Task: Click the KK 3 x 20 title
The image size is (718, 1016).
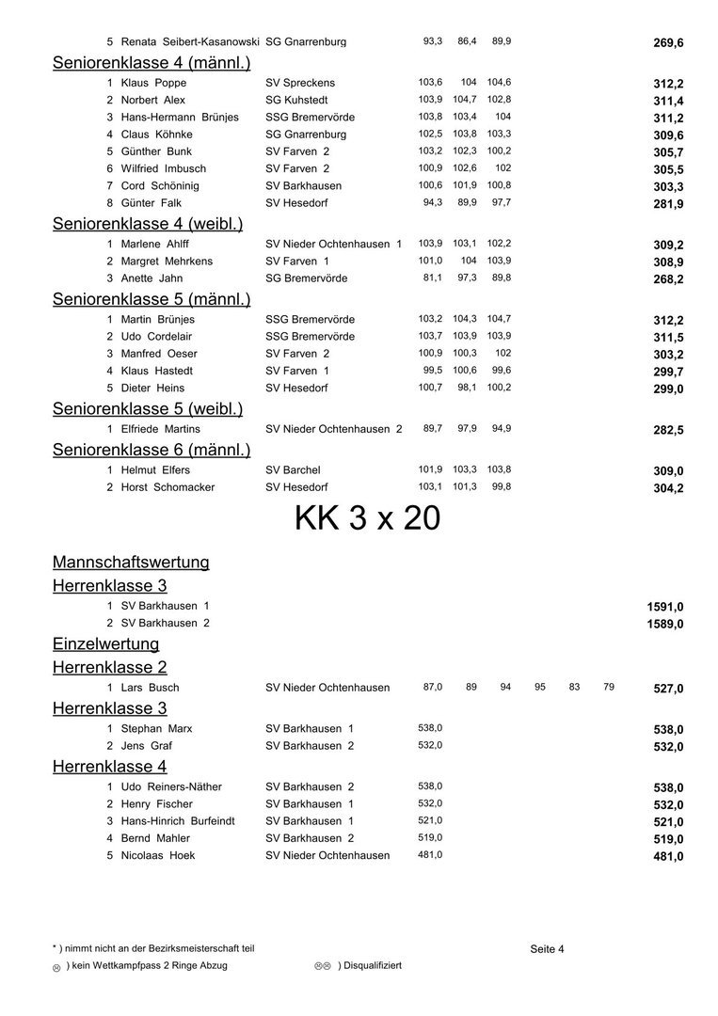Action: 367,518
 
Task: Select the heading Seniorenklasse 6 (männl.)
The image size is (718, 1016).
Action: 152,449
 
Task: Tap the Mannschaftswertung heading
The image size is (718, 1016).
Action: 131,563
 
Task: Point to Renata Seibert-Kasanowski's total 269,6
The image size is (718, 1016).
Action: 668,43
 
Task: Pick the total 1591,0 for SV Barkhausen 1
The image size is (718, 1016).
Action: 664,607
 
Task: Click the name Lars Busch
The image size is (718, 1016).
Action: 150,688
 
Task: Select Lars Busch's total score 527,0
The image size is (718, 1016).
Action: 668,689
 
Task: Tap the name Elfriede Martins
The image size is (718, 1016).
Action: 160,429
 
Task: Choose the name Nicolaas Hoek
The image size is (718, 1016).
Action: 157,855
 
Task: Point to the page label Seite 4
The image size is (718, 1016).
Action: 547,949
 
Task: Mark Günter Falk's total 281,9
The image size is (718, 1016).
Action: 668,204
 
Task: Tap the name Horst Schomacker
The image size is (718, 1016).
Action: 168,487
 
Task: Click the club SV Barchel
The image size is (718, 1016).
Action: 293,470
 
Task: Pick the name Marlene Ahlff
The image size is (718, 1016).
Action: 154,244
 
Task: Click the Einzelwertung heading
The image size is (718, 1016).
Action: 105,644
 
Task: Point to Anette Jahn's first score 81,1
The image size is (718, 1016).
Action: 431,278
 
